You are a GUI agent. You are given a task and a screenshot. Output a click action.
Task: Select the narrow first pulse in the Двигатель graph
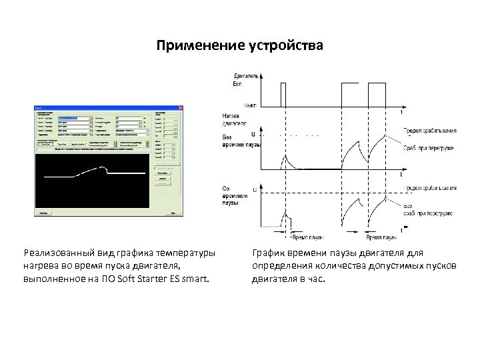click(x=283, y=93)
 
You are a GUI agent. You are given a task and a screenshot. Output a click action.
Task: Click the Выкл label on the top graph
click(x=251, y=105)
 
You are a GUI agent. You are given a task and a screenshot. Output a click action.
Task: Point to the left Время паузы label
click(x=307, y=237)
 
